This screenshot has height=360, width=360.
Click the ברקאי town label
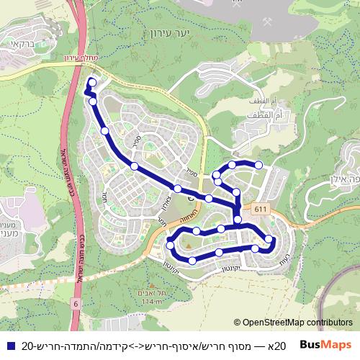[x=23, y=44]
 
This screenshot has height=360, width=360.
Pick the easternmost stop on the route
[x=269, y=240]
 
